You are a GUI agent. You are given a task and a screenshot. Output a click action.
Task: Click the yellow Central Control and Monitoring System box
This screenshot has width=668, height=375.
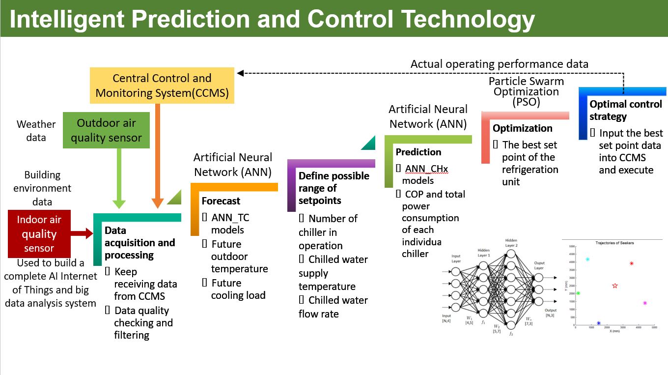(x=162, y=86)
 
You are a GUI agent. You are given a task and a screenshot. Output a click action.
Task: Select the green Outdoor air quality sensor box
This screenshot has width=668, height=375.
(x=106, y=130)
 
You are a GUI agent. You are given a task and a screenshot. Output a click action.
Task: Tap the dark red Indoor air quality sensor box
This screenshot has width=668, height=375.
(x=39, y=234)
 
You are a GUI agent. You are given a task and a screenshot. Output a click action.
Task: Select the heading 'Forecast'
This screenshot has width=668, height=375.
(x=221, y=201)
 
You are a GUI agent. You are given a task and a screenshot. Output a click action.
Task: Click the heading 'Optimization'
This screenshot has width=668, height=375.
(x=523, y=128)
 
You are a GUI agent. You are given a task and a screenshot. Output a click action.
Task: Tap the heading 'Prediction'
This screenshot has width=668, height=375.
(x=418, y=152)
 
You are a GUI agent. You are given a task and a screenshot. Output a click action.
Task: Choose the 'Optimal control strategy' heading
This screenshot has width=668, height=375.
(x=626, y=110)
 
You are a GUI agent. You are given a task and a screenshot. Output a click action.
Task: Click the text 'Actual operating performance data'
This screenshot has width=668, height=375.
(x=499, y=64)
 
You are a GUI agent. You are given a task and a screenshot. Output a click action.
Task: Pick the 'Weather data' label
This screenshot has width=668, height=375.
(x=36, y=131)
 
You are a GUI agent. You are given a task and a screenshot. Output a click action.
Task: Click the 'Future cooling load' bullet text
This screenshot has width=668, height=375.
(x=238, y=289)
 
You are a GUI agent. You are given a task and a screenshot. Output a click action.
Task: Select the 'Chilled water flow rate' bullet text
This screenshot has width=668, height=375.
(x=333, y=307)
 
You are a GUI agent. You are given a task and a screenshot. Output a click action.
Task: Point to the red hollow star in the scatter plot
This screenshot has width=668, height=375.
(x=615, y=286)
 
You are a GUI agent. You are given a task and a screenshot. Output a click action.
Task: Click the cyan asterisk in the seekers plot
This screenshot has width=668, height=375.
(x=587, y=259)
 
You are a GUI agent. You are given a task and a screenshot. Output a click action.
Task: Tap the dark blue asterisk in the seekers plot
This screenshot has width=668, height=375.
(x=599, y=323)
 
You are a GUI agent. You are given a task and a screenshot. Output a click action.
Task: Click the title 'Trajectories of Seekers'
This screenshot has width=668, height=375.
(x=614, y=243)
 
